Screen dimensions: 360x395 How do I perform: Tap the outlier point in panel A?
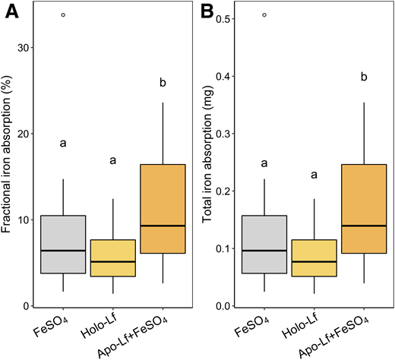tap(63, 14)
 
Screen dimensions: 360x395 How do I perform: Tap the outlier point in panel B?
tap(264, 14)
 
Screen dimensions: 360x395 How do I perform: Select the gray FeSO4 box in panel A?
tap(63, 244)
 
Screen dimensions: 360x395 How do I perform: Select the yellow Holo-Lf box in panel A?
tap(112, 257)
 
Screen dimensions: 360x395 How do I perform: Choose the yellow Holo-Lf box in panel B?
tap(314, 257)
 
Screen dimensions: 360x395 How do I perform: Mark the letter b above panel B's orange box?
tap(364, 77)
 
